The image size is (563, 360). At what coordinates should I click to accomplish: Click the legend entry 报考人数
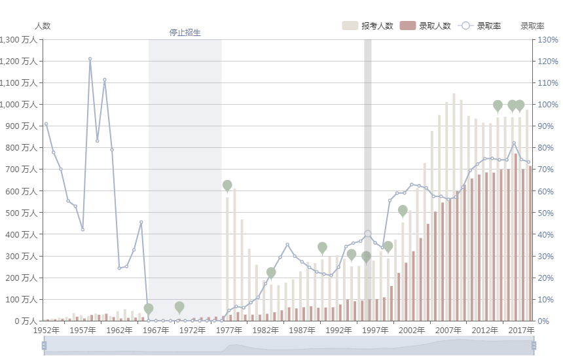click(367, 26)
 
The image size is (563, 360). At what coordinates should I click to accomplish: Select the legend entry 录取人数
click(426, 26)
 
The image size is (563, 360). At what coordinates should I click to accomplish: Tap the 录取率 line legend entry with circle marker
click(481, 26)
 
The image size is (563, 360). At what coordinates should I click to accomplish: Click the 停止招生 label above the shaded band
click(185, 33)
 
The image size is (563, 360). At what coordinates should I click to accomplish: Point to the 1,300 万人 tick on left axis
click(20, 40)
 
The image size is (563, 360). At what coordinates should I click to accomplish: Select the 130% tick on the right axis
click(548, 40)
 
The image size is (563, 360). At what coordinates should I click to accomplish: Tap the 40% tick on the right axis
click(547, 234)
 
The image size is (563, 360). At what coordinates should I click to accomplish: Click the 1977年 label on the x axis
click(229, 331)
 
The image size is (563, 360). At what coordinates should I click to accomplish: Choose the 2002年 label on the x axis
click(412, 331)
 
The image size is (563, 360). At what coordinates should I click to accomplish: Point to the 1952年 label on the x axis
click(46, 331)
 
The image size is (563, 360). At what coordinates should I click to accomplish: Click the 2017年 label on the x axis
click(522, 331)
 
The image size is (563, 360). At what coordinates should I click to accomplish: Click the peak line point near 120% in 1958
click(90, 59)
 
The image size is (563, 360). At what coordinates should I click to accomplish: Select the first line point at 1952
click(46, 124)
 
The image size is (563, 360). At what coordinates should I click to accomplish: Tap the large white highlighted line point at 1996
click(368, 234)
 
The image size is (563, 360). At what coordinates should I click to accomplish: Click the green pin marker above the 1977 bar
click(227, 186)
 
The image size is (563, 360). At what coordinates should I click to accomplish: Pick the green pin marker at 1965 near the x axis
click(149, 308)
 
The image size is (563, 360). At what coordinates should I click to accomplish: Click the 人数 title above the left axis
click(43, 26)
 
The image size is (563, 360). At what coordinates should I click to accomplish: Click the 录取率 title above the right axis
click(532, 26)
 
